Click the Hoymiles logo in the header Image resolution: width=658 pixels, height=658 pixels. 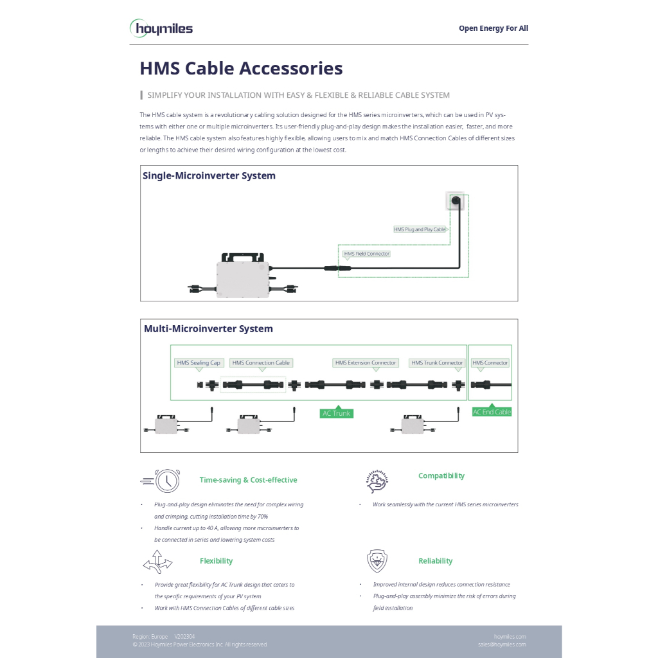161,28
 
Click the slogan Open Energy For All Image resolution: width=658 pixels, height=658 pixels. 493,28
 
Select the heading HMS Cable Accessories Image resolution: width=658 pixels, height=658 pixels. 241,68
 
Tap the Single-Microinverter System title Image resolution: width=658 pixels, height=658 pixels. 209,175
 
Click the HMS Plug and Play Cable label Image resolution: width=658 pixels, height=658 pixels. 420,229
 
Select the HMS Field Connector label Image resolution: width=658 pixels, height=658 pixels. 366,254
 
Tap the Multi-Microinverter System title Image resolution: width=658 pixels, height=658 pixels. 208,328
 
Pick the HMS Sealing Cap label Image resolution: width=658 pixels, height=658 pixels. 199,363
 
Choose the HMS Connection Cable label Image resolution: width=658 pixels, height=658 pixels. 261,363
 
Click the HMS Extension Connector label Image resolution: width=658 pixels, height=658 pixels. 366,363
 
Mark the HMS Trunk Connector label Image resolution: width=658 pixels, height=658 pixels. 437,363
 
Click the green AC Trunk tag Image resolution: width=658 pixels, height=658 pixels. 337,413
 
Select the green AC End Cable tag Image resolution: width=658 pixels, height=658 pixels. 492,412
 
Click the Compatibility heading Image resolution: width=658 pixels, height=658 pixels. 441,476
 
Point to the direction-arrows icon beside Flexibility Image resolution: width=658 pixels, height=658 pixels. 157,562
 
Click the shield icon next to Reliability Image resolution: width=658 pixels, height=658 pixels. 377,561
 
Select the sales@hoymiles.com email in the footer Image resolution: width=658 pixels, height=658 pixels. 502,645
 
